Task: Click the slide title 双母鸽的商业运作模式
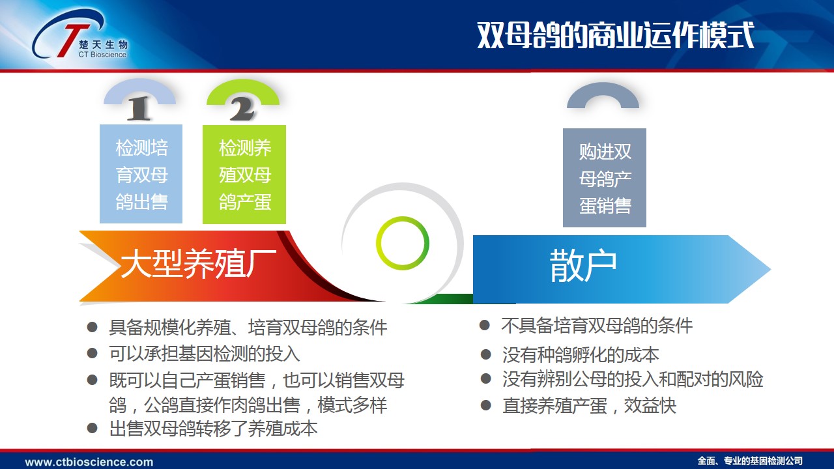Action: [616, 35]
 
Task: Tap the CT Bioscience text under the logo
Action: [102, 54]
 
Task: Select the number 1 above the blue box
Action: [139, 108]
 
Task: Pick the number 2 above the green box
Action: [242, 109]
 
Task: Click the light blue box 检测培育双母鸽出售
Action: [141, 174]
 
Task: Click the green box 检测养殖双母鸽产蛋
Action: [244, 174]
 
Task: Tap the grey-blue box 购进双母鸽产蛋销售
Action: [605, 178]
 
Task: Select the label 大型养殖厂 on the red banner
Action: [199, 264]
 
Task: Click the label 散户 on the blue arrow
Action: [583, 266]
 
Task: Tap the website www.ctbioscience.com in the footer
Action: [89, 462]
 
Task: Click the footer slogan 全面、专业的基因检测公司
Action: [750, 461]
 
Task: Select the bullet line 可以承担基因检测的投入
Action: [204, 354]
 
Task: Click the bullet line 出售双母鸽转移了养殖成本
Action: [213, 429]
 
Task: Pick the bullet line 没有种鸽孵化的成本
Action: [581, 355]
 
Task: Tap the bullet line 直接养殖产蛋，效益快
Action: [590, 406]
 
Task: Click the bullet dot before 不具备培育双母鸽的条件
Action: [484, 325]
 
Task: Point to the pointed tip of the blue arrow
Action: [770, 269]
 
